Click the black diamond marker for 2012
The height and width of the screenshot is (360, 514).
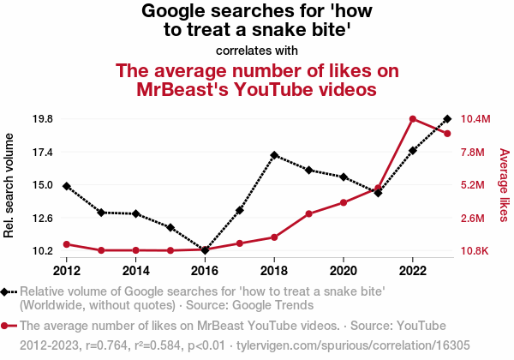point(67,186)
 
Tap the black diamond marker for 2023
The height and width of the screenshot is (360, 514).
point(447,118)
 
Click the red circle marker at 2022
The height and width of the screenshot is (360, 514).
point(413,118)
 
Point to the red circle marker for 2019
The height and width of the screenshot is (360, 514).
point(308,213)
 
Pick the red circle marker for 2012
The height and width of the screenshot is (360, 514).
point(67,244)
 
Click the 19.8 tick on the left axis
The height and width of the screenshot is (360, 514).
point(42,118)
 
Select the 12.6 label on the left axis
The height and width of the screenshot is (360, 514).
point(42,218)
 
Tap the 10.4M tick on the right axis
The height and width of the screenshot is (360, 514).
point(475,118)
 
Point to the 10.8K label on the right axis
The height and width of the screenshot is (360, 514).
point(475,251)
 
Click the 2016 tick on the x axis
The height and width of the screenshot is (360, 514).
point(205,270)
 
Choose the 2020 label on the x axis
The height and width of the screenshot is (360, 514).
point(344,270)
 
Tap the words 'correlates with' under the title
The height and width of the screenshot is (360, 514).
point(257,50)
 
